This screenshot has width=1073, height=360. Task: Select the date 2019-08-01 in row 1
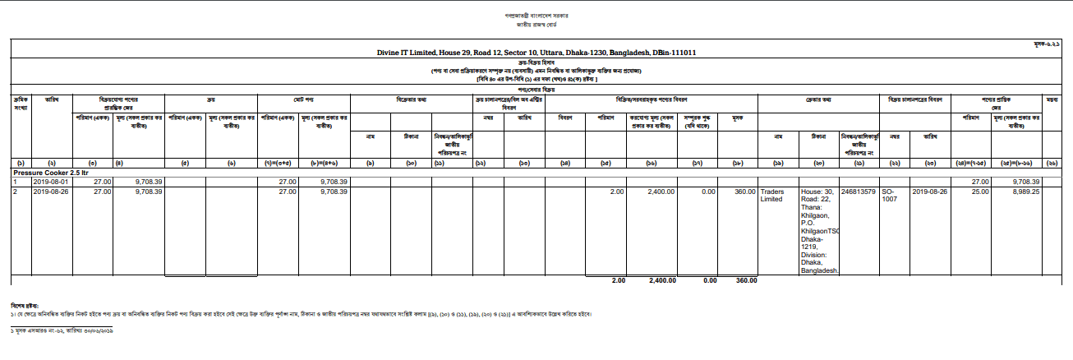tap(52, 182)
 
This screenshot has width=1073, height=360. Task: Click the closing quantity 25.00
tap(980, 191)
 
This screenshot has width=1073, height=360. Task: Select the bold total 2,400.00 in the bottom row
tap(662, 280)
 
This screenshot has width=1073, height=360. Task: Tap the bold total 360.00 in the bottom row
tap(746, 280)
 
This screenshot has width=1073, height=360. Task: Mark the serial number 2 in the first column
tap(14, 191)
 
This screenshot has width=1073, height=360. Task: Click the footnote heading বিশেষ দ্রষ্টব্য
tap(25, 305)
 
